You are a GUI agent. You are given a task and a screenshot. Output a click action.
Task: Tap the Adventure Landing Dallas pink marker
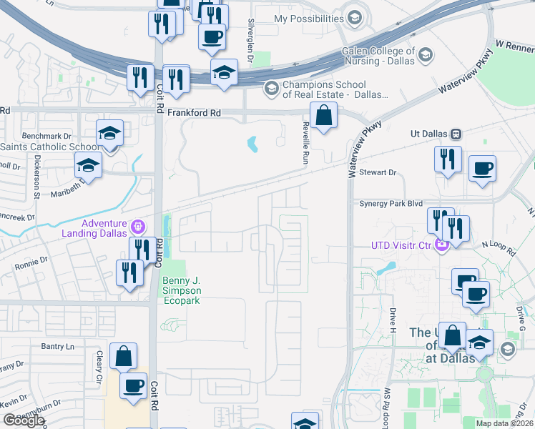click(138, 227)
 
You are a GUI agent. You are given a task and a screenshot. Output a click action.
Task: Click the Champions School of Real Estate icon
click(271, 89)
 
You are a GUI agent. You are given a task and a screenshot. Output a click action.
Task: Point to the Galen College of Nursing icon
click(425, 55)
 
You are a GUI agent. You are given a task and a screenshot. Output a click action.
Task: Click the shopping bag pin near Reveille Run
click(323, 115)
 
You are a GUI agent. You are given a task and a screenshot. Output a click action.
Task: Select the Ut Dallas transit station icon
click(456, 134)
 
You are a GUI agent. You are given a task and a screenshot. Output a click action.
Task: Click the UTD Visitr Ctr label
click(401, 245)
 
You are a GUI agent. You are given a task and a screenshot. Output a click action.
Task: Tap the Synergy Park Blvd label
click(385, 204)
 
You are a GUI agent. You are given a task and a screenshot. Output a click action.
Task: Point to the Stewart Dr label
click(378, 172)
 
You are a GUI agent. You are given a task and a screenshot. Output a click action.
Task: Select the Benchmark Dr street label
click(48, 135)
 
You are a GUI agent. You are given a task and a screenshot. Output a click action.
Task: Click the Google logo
click(24, 420)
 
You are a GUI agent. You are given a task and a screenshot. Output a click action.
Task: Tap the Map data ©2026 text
click(504, 423)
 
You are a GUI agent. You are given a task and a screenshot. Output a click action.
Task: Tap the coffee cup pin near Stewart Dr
click(481, 170)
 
